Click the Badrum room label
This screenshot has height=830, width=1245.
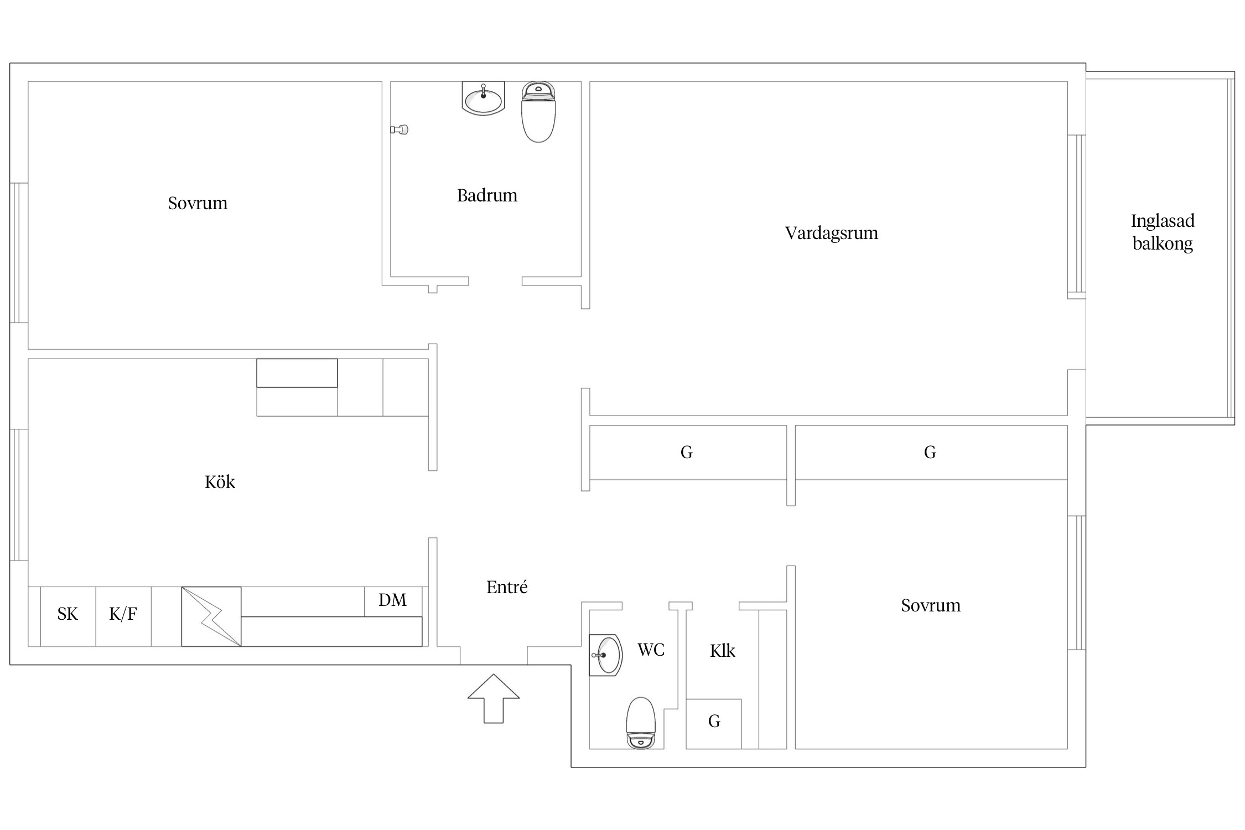coord(487,195)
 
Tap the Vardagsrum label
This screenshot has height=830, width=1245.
coord(831,233)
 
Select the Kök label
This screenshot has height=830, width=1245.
coord(220,482)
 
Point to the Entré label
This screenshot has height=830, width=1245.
coord(507,587)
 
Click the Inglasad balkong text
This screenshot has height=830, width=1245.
coord(1163,232)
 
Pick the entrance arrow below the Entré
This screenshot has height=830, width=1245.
coord(494,698)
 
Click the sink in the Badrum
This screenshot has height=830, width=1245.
coord(483,98)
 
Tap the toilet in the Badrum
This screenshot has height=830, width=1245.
coord(538,112)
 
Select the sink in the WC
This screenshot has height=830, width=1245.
coord(606,655)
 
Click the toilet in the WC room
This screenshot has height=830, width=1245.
coord(641,723)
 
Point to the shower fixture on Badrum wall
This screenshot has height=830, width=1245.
coord(400,129)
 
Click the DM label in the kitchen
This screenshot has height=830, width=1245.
coord(392,600)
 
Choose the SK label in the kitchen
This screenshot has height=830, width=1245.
coord(68,614)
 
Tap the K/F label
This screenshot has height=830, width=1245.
coord(123,614)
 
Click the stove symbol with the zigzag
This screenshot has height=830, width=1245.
coord(211,616)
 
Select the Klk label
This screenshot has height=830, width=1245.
coord(723,651)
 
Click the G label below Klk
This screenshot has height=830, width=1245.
coord(714,721)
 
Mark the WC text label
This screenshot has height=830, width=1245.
coord(651,650)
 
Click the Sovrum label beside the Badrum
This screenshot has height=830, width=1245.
coord(198,203)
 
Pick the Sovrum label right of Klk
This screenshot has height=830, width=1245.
coord(931,605)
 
